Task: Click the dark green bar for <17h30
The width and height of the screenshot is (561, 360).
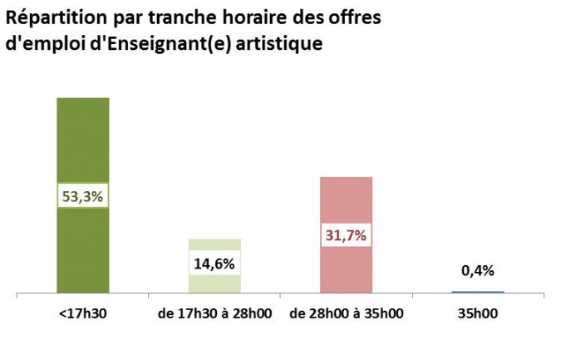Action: click(82, 141)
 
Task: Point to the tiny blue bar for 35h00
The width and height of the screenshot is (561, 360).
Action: click(478, 292)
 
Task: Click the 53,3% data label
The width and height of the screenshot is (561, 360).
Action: click(82, 197)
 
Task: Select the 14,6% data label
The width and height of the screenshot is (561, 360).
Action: click(214, 264)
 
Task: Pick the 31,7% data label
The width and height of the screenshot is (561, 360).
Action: click(347, 234)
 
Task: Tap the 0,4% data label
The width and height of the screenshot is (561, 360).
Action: click(478, 270)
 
